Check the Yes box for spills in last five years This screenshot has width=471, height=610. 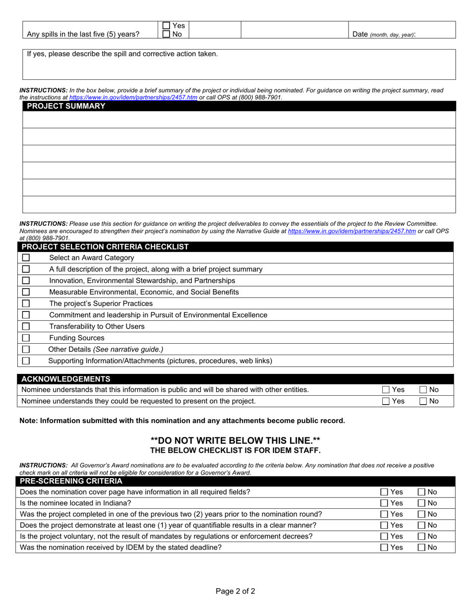tap(167, 25)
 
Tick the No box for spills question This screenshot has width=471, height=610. tap(167, 34)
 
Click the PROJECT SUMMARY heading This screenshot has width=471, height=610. tap(66, 106)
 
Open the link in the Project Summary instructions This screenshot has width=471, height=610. tap(133, 97)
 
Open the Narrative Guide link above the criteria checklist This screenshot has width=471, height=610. tap(352, 231)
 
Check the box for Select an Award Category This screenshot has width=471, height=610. tap(26, 258)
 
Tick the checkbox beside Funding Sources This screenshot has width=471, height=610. tap(26, 338)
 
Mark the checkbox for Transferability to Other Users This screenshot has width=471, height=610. tap(26, 326)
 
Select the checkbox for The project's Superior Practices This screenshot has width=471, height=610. tap(26, 304)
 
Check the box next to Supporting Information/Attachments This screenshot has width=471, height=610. tap(26, 361)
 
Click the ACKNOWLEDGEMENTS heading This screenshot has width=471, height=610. tap(66, 379)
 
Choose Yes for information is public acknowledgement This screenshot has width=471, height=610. tap(386, 390)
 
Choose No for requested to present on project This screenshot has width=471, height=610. tap(423, 401)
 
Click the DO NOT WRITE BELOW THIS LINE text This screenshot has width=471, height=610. tap(235, 440)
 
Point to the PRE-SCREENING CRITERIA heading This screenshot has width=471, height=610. tap(71, 481)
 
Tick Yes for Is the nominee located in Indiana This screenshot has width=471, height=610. tap(384, 503)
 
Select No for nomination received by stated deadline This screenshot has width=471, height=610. tap(421, 548)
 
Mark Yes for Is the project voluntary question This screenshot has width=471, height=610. tap(384, 537)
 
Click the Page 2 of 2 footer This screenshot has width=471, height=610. tap(235, 591)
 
